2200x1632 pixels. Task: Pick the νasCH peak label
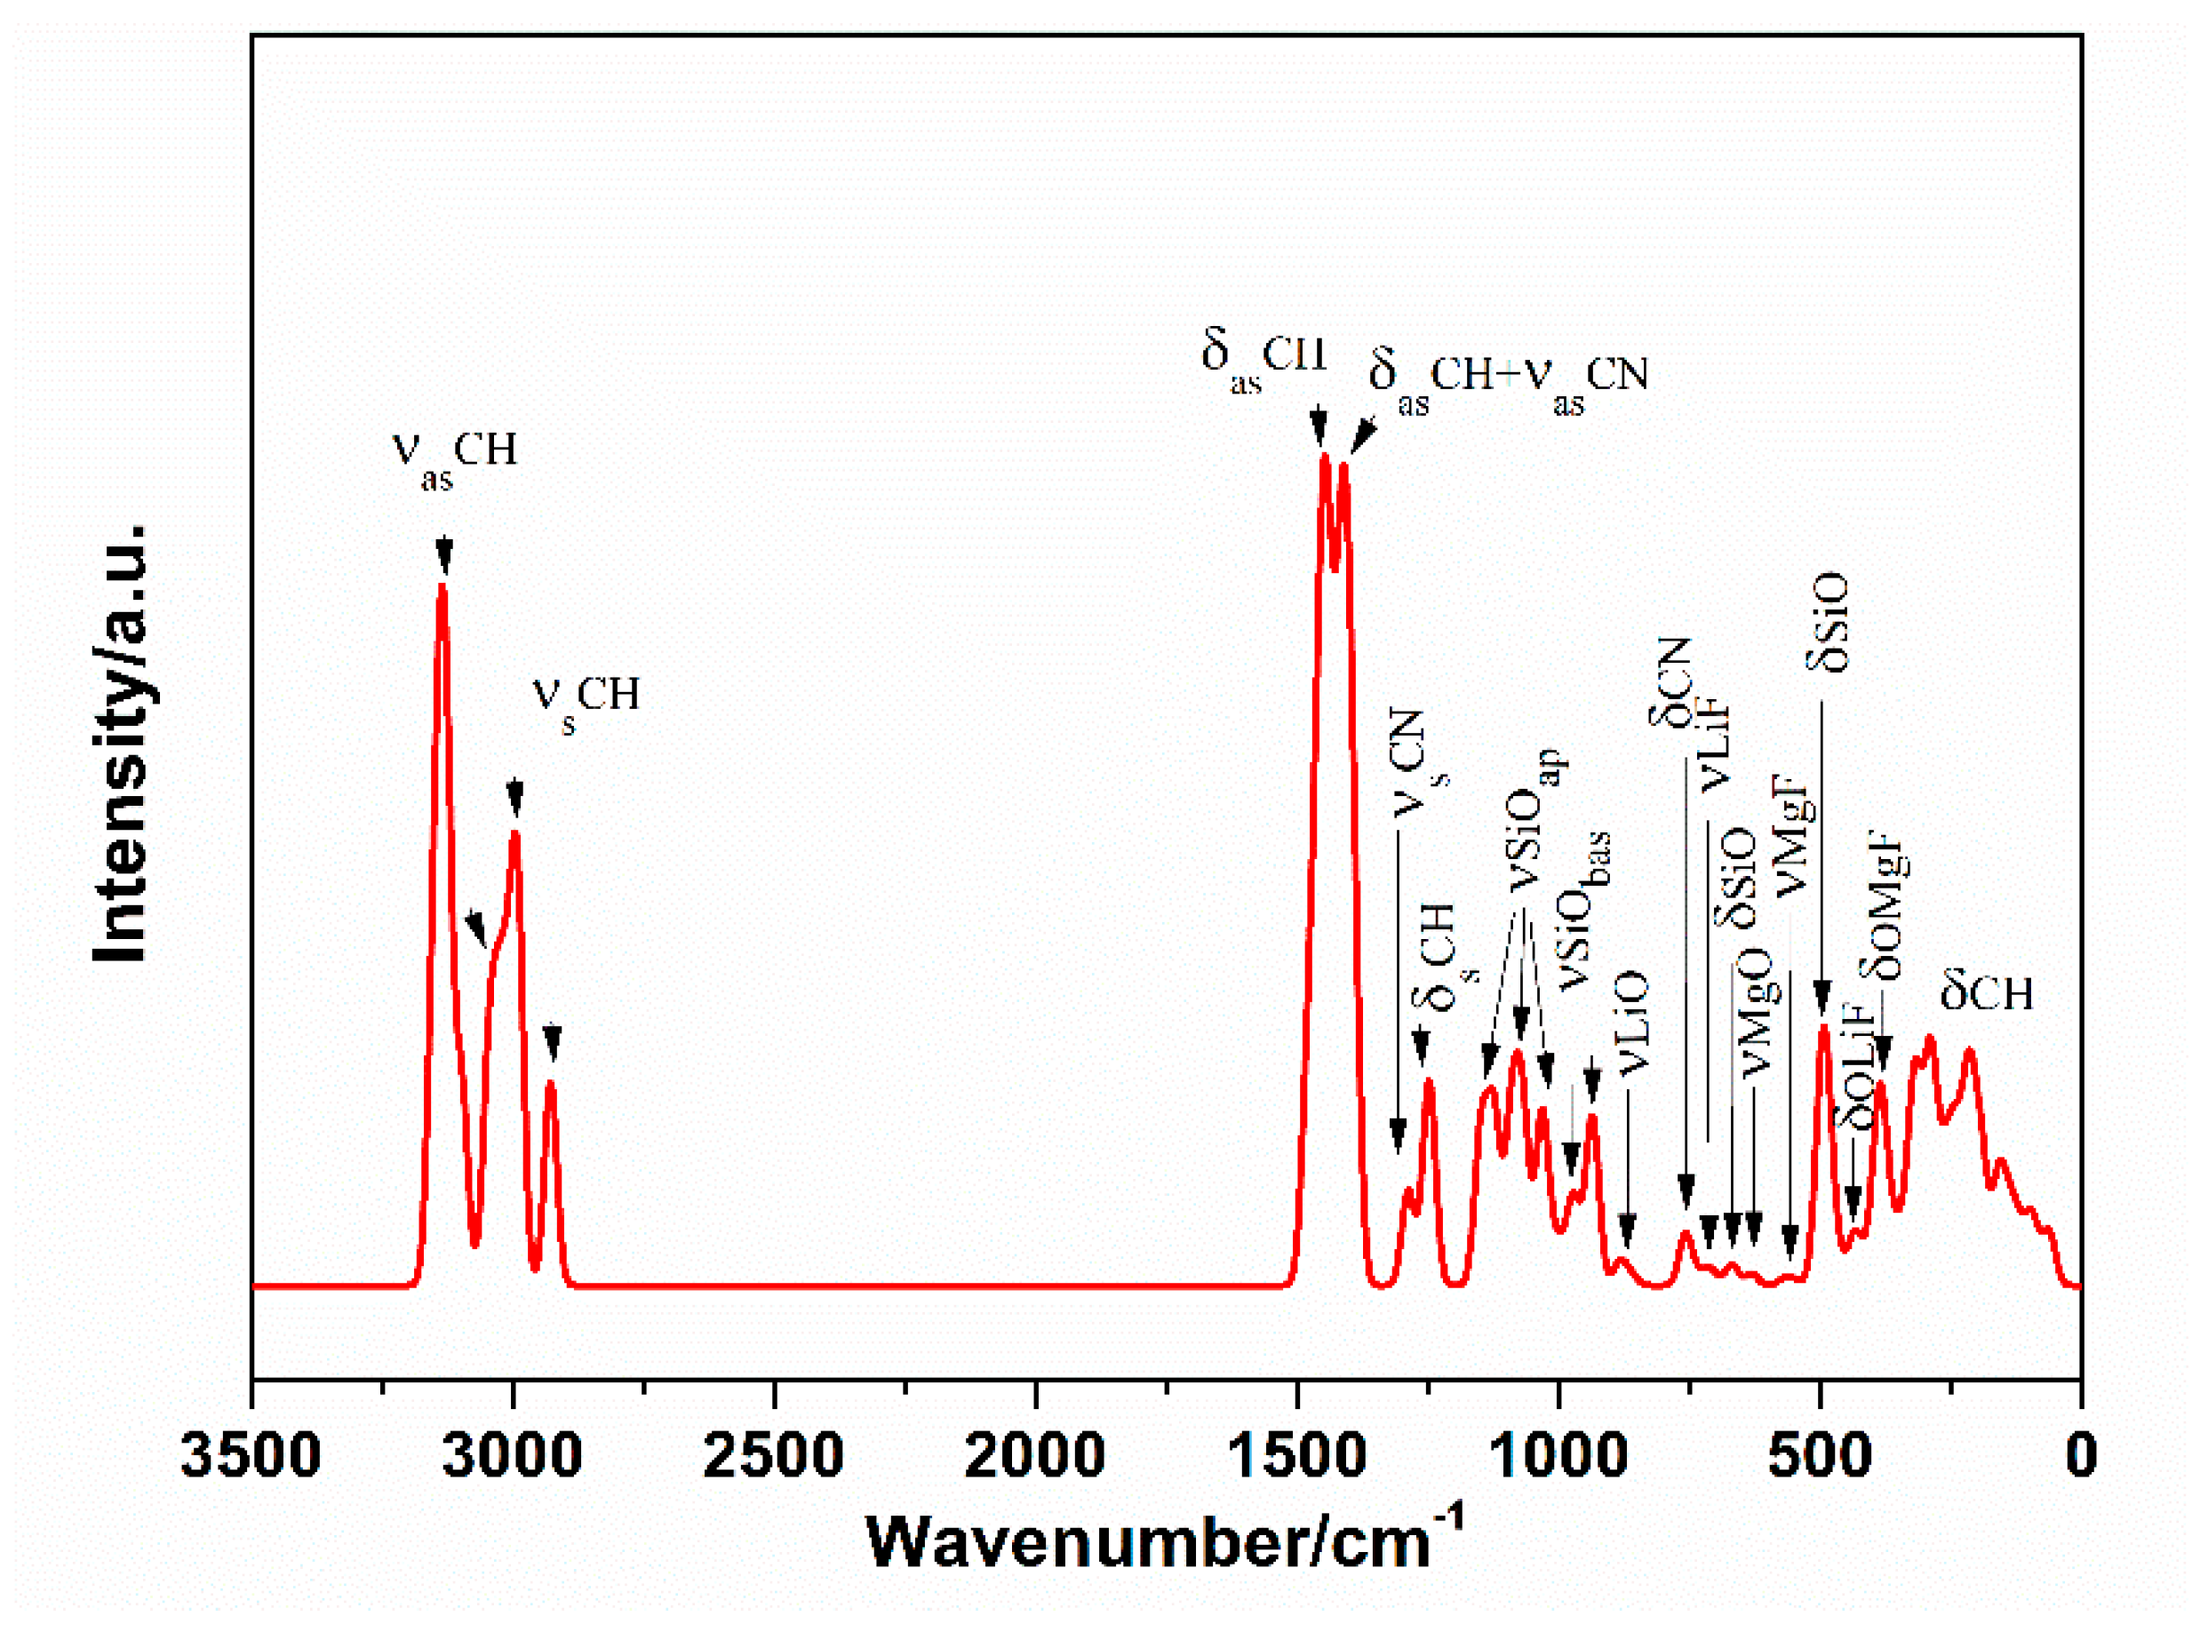454,458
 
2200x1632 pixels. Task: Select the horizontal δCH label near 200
1987,994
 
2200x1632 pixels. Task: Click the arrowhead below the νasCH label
444,556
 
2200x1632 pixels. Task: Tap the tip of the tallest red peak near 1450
1325,457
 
